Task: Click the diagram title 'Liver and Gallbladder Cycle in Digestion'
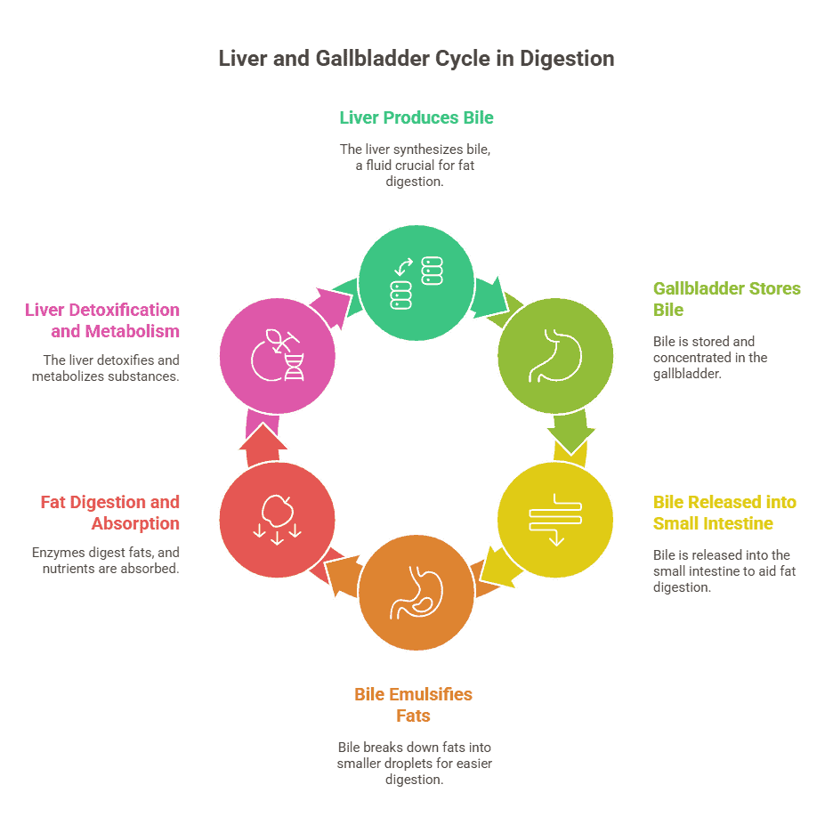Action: (416, 59)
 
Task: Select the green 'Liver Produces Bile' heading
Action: (416, 117)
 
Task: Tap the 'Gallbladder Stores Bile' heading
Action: (727, 299)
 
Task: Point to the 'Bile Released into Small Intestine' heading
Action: (724, 513)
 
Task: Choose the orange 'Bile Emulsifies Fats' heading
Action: (413, 705)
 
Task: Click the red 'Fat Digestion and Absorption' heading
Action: (110, 513)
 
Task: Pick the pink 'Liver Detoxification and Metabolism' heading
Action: (102, 320)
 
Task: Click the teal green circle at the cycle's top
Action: (416, 283)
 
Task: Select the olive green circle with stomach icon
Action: (555, 356)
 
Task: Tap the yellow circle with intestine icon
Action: (555, 520)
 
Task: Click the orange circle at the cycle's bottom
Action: (416, 593)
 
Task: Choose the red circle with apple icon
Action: (278, 520)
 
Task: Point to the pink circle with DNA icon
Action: (278, 356)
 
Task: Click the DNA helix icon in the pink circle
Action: (295, 368)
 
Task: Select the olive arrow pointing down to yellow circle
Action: (571, 433)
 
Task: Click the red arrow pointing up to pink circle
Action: (263, 445)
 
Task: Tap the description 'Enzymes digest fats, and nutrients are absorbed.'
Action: (106, 561)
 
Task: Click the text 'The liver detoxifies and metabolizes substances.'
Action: (106, 368)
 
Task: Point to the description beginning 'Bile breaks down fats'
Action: (415, 764)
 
